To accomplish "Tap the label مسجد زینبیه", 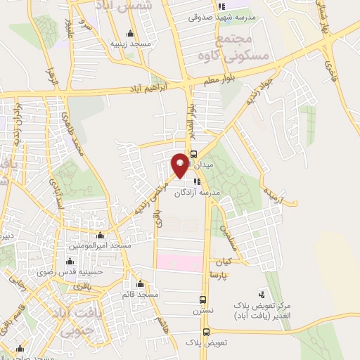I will (131, 44).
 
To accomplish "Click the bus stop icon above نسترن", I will (203, 299).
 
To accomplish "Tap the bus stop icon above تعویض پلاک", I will (206, 332).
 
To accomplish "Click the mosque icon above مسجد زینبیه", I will (130, 34).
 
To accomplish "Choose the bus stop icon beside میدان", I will (194, 157).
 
